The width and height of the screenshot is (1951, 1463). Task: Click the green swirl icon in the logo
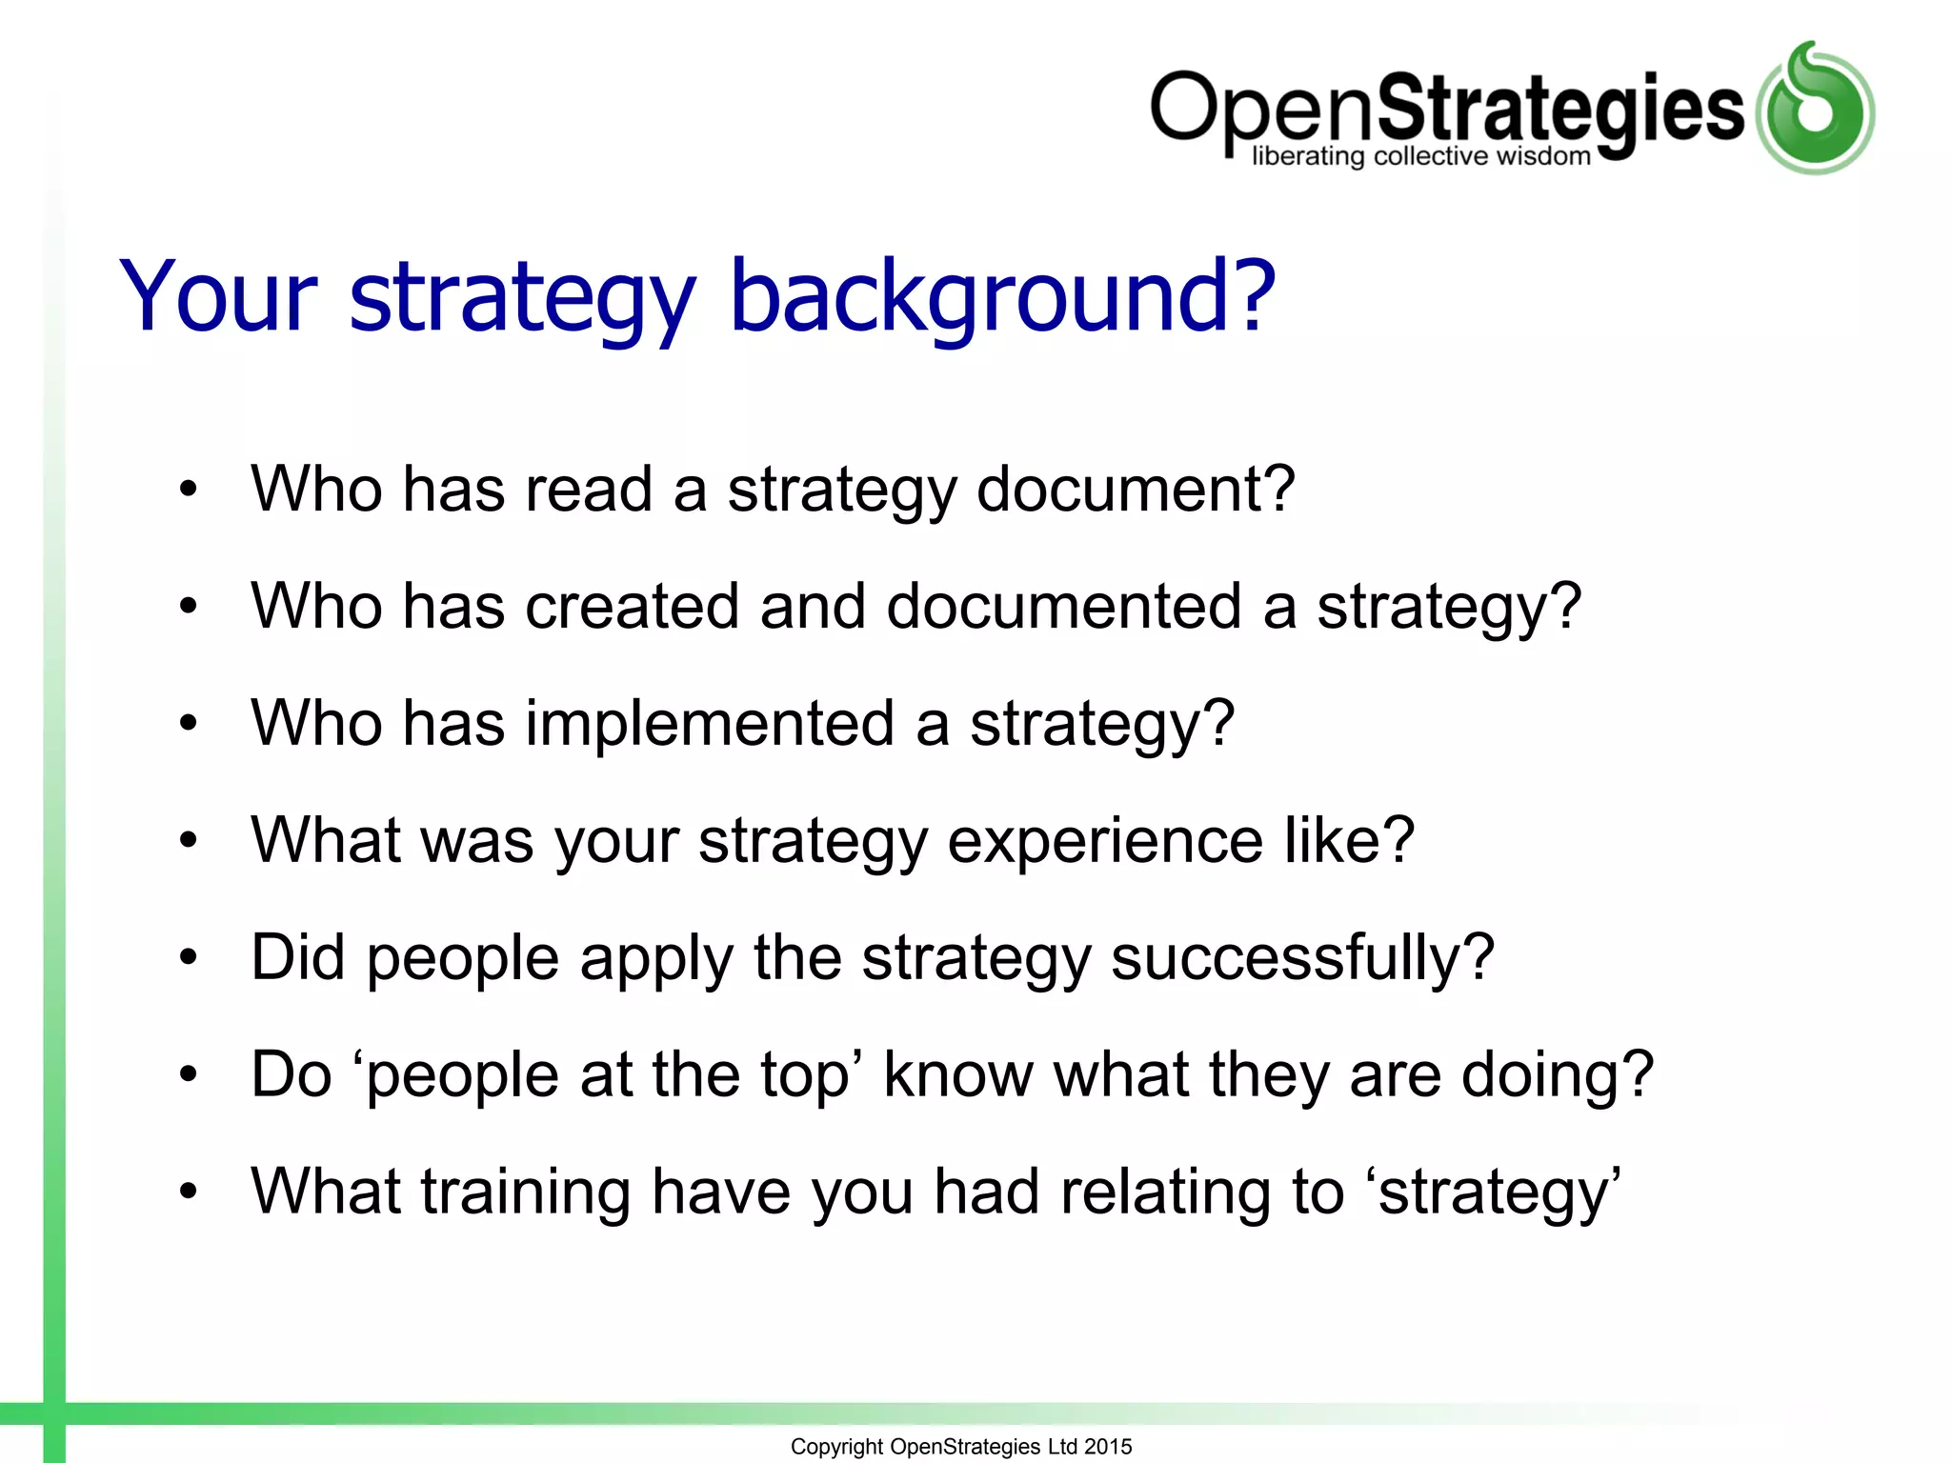pos(1815,108)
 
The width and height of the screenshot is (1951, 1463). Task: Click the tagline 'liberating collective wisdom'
pos(1420,157)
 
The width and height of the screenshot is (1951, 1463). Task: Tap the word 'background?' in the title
pos(1001,297)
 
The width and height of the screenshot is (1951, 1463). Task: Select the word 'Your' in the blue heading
pos(217,297)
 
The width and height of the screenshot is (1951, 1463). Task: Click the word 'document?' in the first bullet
pos(1136,490)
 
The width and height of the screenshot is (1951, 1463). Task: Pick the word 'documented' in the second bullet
pos(1063,607)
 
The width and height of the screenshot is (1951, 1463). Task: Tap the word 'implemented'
pos(710,724)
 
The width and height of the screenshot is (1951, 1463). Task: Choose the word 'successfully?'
pos(1302,958)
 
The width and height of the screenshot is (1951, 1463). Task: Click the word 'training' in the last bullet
pos(526,1193)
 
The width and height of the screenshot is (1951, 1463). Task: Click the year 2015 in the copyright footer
pos(1108,1447)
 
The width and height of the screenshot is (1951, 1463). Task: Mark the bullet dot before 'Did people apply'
pos(189,957)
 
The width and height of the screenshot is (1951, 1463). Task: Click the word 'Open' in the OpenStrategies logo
pos(1262,110)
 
